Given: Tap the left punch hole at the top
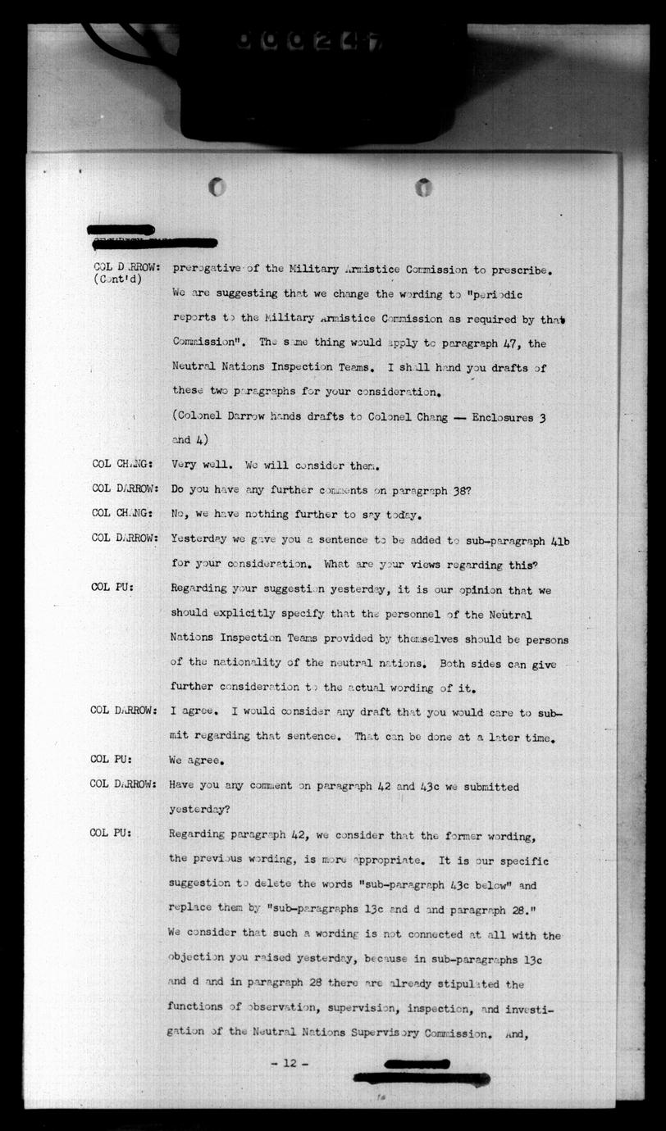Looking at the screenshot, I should pos(217,187).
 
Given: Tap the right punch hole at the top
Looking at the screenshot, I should pos(423,187).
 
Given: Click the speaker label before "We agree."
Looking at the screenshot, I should pos(112,759).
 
